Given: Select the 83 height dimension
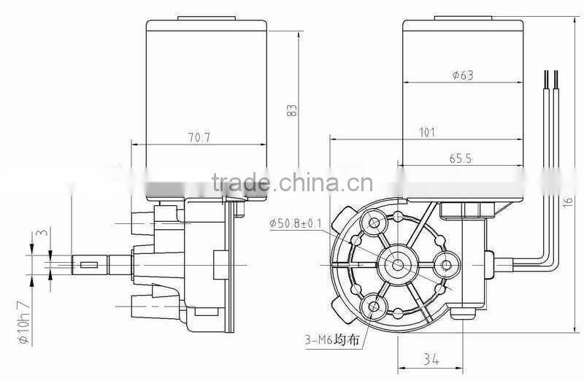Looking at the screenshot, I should (292, 110).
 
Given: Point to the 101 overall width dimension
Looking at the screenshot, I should (427, 132).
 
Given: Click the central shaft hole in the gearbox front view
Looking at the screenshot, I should (398, 263).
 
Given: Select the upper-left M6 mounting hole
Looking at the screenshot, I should (375, 222).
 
